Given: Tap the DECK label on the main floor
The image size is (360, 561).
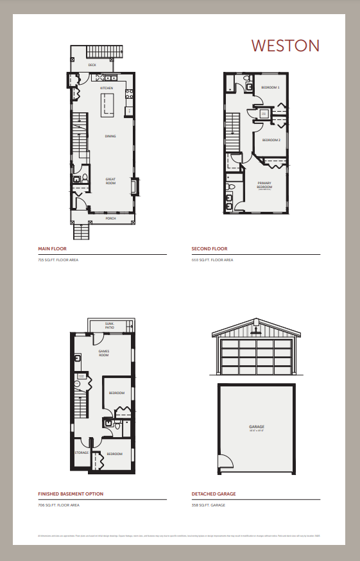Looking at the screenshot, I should (92, 65).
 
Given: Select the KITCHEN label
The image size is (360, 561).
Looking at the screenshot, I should (107, 88).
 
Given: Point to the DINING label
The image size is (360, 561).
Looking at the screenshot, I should (110, 136).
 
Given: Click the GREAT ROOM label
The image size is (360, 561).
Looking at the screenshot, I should (110, 181).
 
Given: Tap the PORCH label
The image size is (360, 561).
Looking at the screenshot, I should (110, 218).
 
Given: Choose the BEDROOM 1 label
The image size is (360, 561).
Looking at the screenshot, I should (270, 87).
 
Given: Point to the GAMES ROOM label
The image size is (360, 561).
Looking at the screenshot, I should (104, 353).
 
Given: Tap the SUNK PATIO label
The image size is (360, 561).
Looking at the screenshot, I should (110, 327).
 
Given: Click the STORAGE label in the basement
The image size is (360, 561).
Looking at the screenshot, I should (81, 453).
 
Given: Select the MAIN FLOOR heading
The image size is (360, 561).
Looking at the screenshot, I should (53, 248).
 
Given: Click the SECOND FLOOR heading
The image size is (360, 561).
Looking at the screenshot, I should (209, 248).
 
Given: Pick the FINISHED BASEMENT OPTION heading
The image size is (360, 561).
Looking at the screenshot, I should (71, 494).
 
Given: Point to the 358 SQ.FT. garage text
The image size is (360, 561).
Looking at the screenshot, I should (209, 505).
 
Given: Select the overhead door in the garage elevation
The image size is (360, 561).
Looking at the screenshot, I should (256, 356).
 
